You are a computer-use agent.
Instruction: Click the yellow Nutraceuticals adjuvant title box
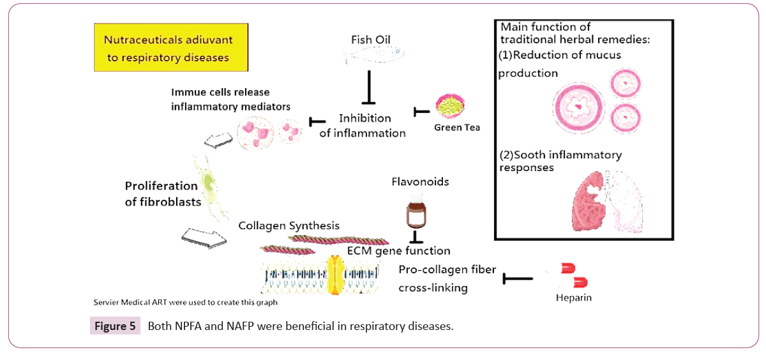click(x=170, y=48)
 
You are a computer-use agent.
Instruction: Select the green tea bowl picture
click(x=451, y=106)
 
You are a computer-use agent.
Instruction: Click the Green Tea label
click(x=456, y=127)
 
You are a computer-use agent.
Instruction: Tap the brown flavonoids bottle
click(x=416, y=215)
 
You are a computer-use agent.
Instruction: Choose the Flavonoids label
click(x=420, y=182)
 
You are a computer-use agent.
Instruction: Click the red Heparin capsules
click(x=573, y=275)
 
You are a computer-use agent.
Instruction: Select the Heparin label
click(x=573, y=297)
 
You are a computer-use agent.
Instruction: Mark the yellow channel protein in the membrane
click(x=335, y=276)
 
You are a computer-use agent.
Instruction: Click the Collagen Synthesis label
click(x=289, y=225)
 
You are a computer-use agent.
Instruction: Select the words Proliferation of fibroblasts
click(x=161, y=193)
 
